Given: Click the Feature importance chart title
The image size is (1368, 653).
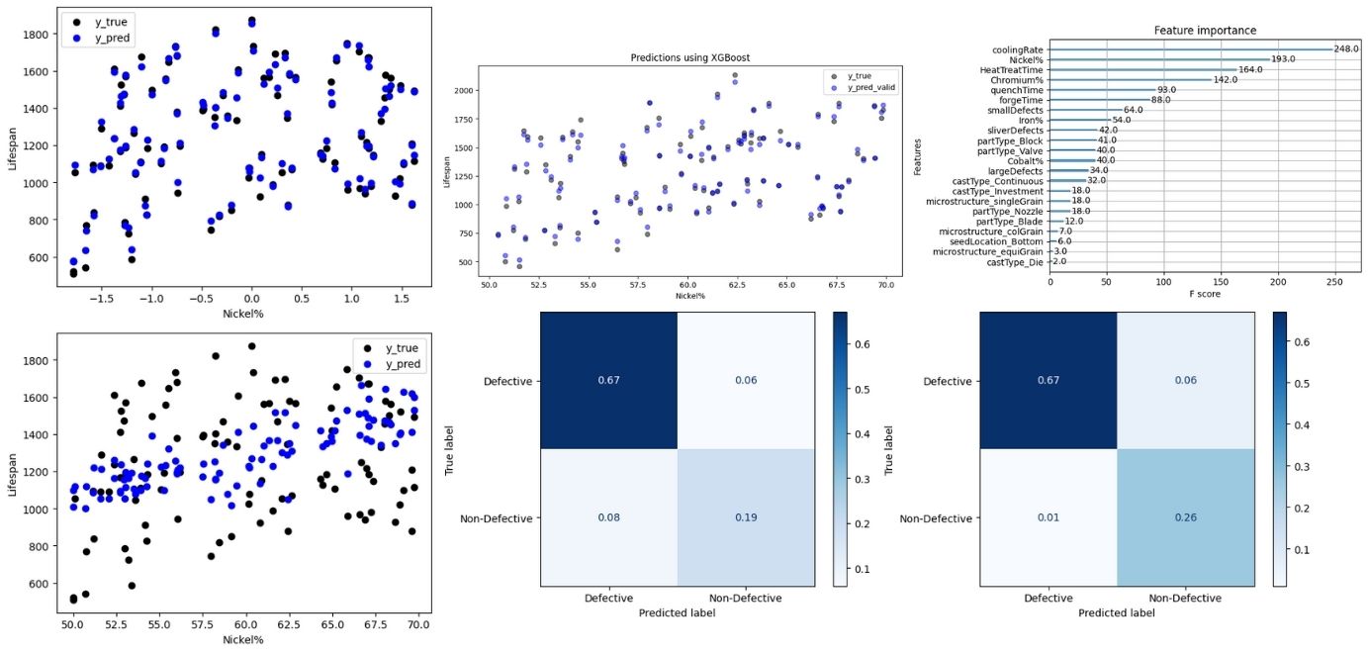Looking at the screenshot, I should click(x=1204, y=31).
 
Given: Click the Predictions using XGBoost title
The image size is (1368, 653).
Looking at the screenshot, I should click(x=689, y=57).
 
